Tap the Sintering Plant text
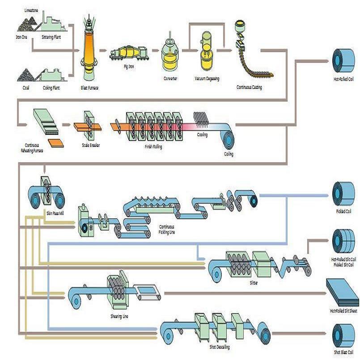(x=51, y=37)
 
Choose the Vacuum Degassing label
(x=207, y=79)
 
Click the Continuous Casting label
(x=249, y=87)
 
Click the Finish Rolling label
(x=153, y=147)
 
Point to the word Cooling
(x=202, y=134)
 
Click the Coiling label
(x=229, y=154)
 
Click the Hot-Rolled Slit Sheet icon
(x=343, y=293)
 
